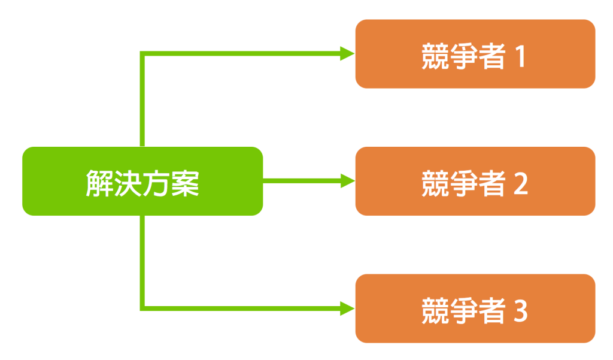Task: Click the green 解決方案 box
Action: pos(142,181)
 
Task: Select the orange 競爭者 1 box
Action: pos(475,54)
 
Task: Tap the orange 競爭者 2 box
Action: pos(475,181)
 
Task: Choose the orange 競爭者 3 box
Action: pos(475,308)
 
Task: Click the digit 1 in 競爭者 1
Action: pos(520,58)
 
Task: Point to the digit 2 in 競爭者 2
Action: pos(520,184)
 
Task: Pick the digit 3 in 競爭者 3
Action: pos(520,312)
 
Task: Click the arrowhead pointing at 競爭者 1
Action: pos(347,53)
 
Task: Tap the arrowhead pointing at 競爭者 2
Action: pos(347,180)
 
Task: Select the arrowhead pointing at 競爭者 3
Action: pos(347,308)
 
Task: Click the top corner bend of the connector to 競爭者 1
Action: pos(142,54)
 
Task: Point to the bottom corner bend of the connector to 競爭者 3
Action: pos(142,308)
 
